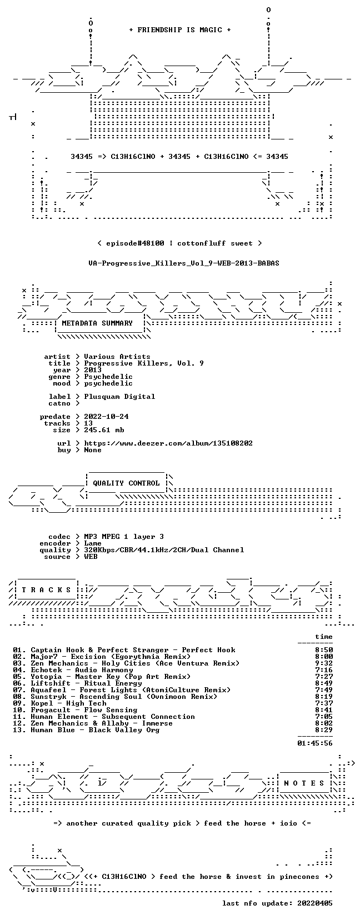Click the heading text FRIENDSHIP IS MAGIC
click(x=180, y=30)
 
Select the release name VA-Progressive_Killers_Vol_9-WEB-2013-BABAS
click(x=184, y=263)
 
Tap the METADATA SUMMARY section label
click(x=97, y=323)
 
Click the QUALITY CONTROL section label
click(x=126, y=483)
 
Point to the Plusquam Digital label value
click(x=119, y=397)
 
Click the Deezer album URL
click(x=168, y=443)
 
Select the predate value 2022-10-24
click(x=106, y=417)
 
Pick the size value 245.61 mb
click(x=104, y=430)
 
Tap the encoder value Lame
click(x=93, y=543)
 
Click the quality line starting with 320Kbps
click(x=164, y=550)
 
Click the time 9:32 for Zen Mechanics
click(x=324, y=663)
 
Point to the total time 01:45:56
click(x=315, y=743)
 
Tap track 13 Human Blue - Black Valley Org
click(x=86, y=730)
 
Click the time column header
click(x=324, y=637)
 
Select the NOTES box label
click(x=304, y=783)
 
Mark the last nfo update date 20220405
click(x=315, y=903)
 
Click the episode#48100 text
click(x=135, y=243)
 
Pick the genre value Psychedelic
click(x=108, y=377)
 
